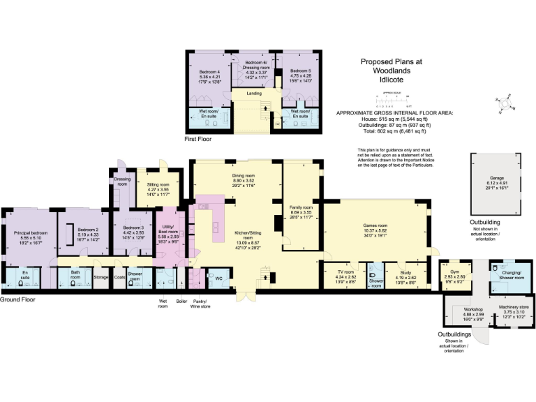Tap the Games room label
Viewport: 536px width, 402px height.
[x=375, y=225]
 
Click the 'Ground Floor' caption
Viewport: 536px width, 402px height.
[x=18, y=299]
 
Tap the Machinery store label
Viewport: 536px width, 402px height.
[x=514, y=306]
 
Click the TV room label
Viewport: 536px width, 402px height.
[x=345, y=273]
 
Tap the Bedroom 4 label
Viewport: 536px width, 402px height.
[x=209, y=72]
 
